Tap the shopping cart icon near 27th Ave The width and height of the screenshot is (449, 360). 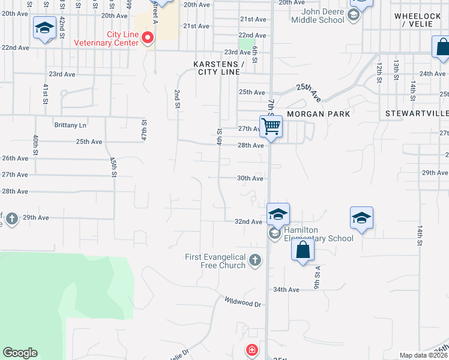pyautogui.click(x=271, y=127)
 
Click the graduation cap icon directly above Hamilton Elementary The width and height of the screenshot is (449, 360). pyautogui.click(x=279, y=214)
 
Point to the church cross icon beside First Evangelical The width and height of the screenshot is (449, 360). pyautogui.click(x=256, y=260)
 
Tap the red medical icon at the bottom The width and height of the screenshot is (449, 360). pyautogui.click(x=253, y=349)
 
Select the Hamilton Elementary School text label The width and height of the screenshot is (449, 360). pyautogui.click(x=319, y=234)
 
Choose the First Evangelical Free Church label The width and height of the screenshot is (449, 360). pyautogui.click(x=215, y=261)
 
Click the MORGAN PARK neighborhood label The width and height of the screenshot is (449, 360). pyautogui.click(x=318, y=113)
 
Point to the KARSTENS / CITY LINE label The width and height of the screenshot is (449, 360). pyautogui.click(x=218, y=68)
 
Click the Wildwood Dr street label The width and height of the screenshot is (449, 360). pyautogui.click(x=243, y=301)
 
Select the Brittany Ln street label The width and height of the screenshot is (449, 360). pyautogui.click(x=70, y=125)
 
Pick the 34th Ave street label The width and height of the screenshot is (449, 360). pyautogui.click(x=286, y=290)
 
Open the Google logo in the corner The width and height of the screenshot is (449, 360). pyautogui.click(x=20, y=353)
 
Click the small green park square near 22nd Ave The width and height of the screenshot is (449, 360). pyautogui.click(x=246, y=44)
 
